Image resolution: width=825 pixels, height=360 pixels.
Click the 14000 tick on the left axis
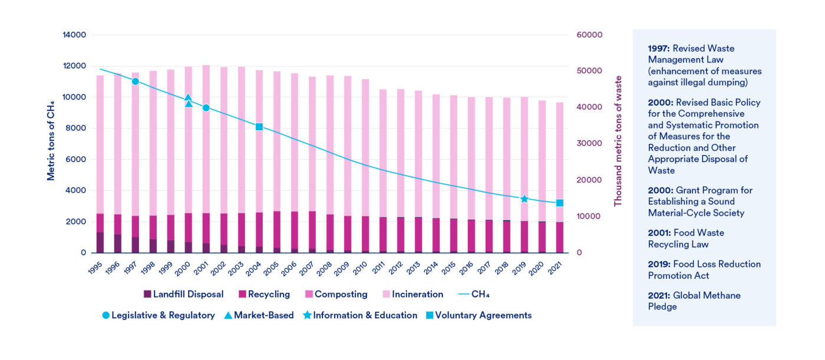tap(75, 35)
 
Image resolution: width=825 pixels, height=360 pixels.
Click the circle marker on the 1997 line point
tap(136, 81)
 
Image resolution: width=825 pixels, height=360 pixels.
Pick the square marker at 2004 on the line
tap(259, 127)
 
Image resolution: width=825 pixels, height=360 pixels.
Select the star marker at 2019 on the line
tap(524, 199)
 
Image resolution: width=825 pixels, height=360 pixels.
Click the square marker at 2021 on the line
tap(559, 203)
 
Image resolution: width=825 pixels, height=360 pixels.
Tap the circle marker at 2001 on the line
tap(206, 108)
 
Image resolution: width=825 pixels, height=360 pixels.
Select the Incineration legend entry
tap(412, 294)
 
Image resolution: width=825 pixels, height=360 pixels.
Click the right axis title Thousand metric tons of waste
tap(618, 140)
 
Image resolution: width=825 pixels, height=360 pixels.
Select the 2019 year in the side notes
tap(659, 264)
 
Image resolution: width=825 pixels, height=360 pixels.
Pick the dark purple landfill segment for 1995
tap(100, 242)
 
